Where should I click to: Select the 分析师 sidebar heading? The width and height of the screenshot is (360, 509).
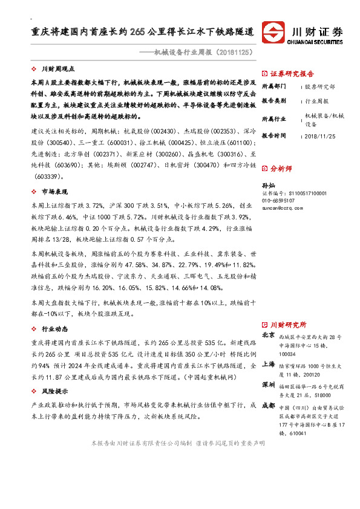(x=281, y=168)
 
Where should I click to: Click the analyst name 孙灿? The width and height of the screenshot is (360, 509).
(x=268, y=184)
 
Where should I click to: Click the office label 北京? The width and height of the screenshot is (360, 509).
(x=267, y=334)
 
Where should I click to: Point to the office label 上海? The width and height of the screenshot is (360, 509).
(x=267, y=364)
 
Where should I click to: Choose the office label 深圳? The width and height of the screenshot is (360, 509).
(x=267, y=384)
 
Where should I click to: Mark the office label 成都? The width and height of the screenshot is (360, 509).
(x=267, y=406)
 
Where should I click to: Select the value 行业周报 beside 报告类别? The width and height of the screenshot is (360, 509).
(x=316, y=101)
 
